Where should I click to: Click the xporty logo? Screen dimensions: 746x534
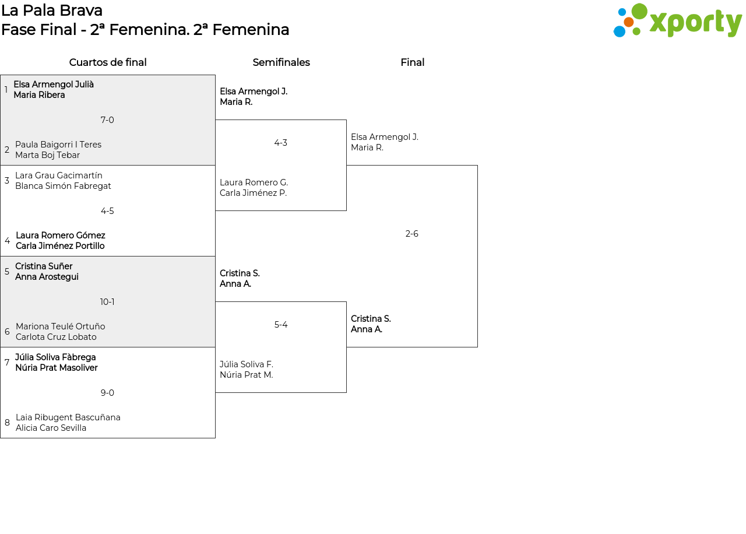677,20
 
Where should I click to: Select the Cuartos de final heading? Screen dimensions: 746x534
108,62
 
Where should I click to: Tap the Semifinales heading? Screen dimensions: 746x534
281,62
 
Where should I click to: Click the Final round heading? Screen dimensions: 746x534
412,62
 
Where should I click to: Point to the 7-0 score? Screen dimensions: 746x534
107,120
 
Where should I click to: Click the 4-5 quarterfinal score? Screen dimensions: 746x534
107,211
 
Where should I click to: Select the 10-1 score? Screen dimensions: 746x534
107,302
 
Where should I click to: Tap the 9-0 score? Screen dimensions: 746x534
107,393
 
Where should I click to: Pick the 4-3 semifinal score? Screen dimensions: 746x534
281,143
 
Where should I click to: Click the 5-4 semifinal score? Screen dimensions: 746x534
281,325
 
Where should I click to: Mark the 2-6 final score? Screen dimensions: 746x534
411,234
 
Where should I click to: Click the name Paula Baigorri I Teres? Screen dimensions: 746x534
58,145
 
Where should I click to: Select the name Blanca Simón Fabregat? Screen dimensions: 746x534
63,186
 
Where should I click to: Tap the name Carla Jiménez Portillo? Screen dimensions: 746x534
60,246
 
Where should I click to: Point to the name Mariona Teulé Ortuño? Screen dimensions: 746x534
60,326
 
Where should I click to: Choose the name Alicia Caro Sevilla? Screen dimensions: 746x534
51,428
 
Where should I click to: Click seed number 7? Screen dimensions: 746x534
7,363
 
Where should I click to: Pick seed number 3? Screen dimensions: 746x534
7,181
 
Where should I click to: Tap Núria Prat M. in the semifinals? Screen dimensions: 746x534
247,375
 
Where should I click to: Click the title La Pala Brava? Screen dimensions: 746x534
52,10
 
